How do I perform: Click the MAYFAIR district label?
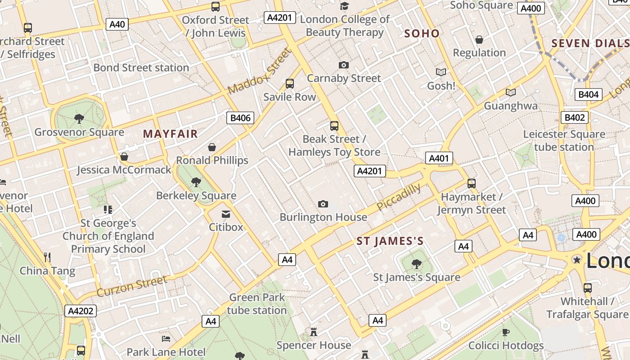(170, 134)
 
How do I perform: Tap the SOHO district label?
(422, 33)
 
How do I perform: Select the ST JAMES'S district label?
(390, 241)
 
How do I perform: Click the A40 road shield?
(117, 24)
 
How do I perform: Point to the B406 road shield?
(240, 118)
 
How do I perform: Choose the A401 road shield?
(439, 158)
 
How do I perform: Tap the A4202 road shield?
(81, 310)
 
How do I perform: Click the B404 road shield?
(588, 94)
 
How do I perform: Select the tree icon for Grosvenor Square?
(79, 119)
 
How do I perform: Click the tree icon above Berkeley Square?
(196, 182)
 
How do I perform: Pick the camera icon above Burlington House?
(323, 204)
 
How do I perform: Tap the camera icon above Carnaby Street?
(344, 65)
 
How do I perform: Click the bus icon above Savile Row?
(290, 84)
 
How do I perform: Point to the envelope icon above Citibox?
(226, 214)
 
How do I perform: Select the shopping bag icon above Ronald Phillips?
(212, 147)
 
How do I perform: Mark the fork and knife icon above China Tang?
(47, 257)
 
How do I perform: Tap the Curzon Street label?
(131, 286)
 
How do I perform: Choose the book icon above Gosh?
(441, 72)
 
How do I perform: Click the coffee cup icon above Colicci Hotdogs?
(506, 332)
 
